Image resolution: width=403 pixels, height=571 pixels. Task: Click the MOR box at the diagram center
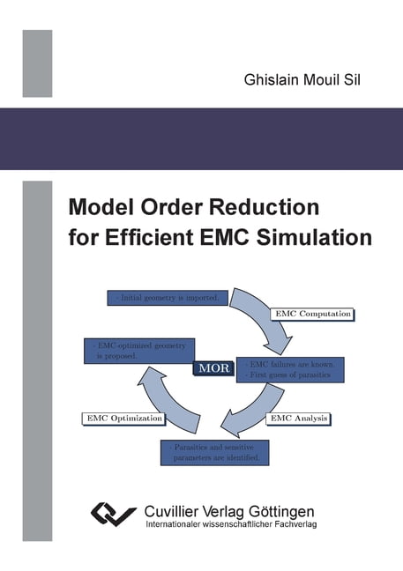click(x=215, y=368)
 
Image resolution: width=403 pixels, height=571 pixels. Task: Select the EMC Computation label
click(x=312, y=314)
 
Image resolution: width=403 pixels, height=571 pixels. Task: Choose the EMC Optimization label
click(x=123, y=417)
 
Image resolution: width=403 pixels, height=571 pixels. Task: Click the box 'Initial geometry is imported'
click(x=168, y=299)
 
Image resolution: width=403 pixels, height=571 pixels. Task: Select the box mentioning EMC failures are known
click(x=293, y=369)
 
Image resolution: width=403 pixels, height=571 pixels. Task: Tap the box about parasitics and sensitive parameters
click(x=214, y=453)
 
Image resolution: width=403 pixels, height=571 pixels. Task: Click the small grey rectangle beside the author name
click(x=37, y=63)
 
